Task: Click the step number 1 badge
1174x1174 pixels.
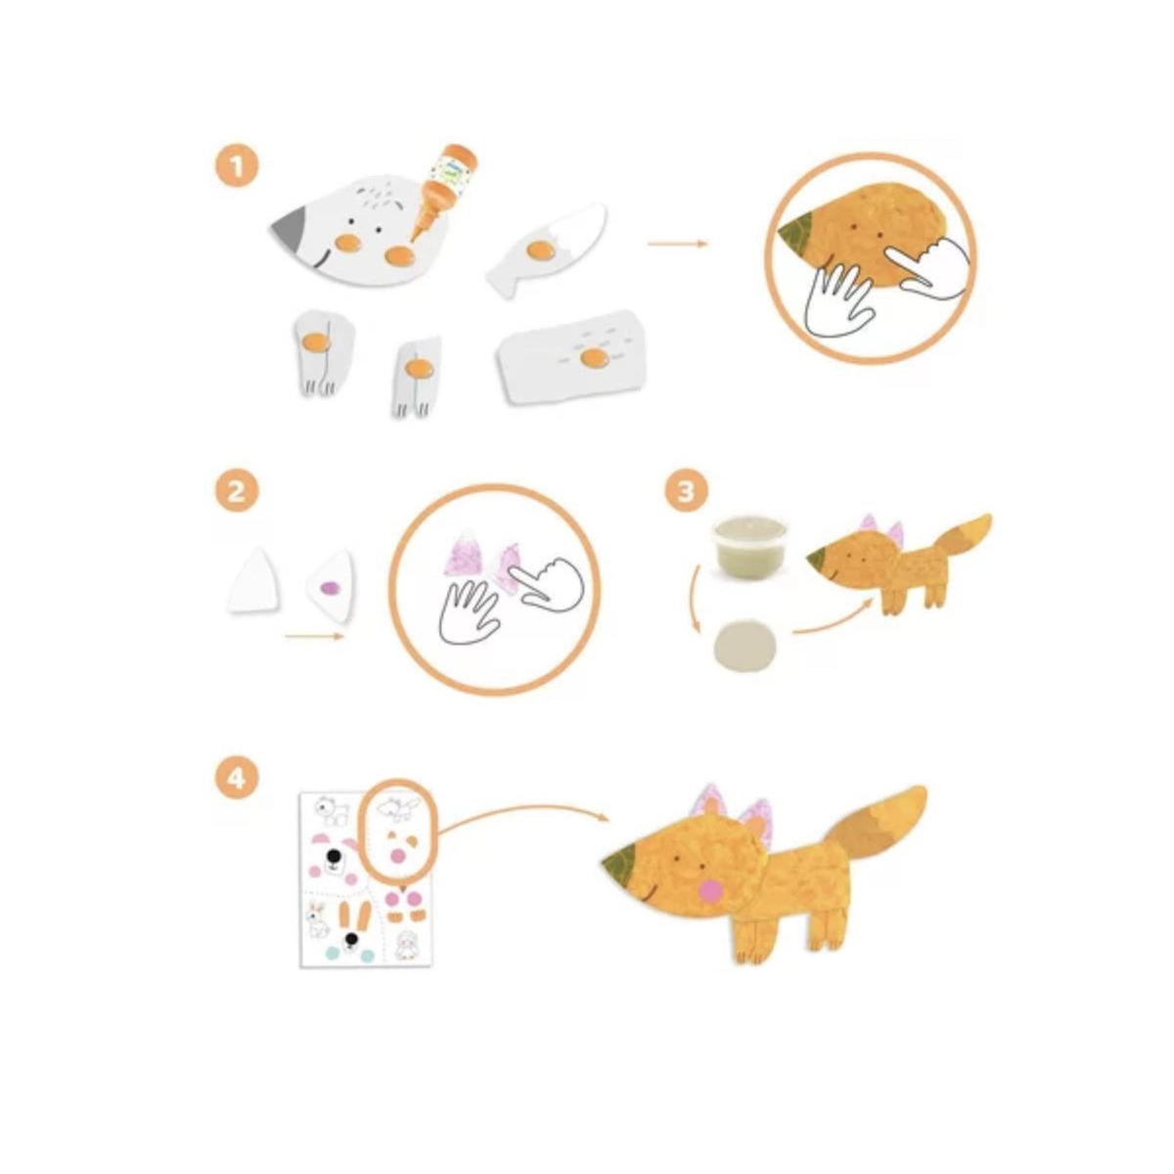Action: (237, 167)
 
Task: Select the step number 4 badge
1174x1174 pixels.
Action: (237, 778)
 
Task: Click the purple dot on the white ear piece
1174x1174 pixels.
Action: (330, 587)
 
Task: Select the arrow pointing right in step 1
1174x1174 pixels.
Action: (677, 244)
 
